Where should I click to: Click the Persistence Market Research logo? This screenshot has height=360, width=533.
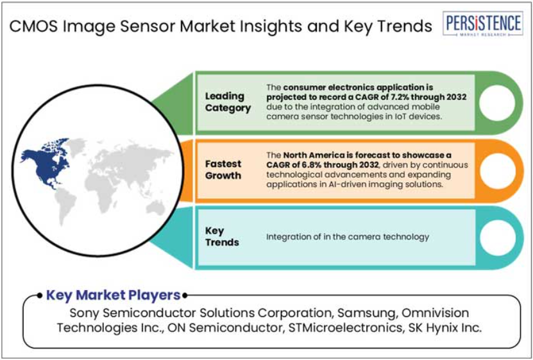tap(483, 24)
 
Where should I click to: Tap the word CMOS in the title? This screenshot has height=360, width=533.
tap(33, 26)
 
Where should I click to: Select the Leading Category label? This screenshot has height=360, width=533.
tap(228, 102)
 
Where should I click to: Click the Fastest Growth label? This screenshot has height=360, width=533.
tap(223, 169)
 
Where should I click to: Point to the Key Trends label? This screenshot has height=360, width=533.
tap(222, 237)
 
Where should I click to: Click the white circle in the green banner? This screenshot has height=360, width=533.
tap(497, 103)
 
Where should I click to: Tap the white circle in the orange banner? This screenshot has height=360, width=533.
tap(497, 171)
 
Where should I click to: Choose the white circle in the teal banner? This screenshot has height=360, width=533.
tap(497, 237)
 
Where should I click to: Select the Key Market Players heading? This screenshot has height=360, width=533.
tap(113, 295)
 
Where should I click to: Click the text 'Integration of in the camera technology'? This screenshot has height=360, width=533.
tap(348, 237)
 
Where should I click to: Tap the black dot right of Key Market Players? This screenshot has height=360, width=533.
tap(185, 295)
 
